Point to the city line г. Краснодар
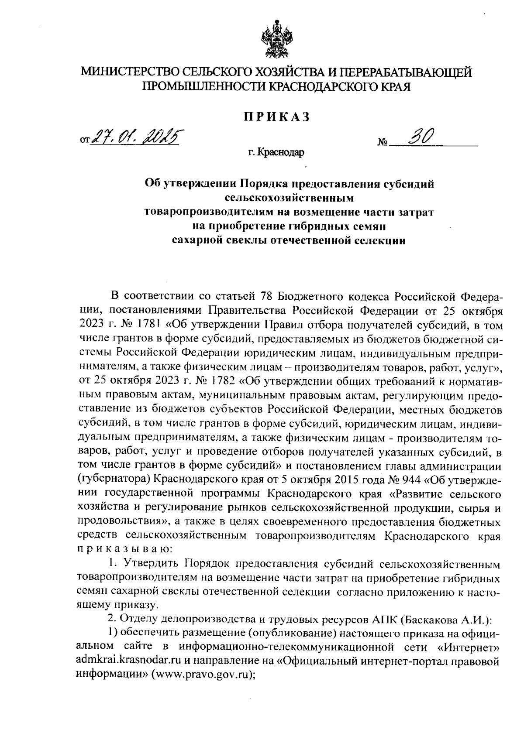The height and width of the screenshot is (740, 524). (276, 152)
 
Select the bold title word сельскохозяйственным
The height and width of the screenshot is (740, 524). (288, 198)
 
